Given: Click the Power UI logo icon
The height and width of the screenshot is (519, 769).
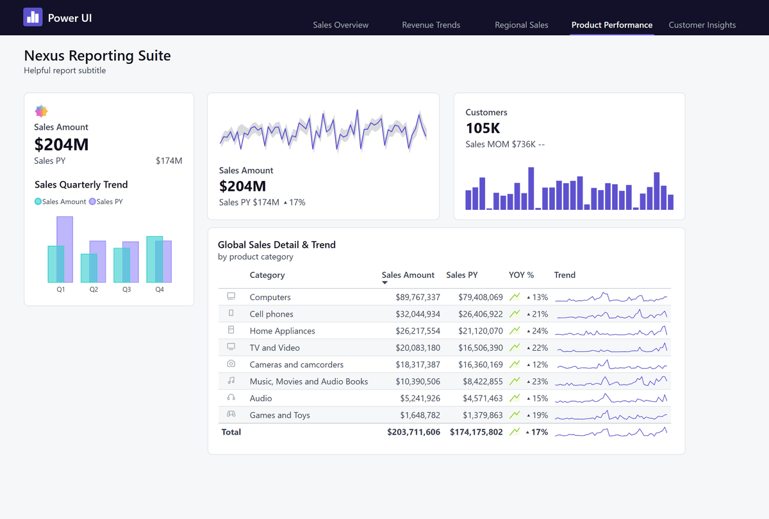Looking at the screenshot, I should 33,17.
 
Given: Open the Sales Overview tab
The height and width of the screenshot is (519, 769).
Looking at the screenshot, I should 340,25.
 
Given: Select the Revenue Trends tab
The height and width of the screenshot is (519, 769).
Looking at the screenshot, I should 431,25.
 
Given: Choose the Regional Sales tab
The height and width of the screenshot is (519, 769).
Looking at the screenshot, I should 521,25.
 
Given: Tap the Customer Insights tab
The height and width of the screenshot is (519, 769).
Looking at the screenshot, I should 702,25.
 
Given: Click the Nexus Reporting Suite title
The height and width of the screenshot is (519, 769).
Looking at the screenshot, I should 97,56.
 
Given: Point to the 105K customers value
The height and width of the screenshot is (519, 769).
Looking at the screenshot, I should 483,128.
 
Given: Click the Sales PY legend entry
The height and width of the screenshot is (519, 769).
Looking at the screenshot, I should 106,202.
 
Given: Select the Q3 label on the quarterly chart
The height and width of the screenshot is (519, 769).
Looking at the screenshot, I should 127,289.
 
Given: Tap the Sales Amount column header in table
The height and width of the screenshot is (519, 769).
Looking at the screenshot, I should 408,275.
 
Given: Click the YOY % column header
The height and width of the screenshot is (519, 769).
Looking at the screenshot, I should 521,275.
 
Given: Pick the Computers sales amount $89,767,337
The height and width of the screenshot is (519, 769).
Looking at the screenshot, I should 417,298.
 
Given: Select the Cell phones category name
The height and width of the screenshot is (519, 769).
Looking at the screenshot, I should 271,314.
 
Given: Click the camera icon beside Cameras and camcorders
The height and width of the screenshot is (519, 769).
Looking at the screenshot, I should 231,364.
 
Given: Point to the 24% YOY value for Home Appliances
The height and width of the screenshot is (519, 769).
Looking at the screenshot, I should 540,331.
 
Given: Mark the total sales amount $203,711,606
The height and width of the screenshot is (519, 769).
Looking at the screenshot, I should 413,433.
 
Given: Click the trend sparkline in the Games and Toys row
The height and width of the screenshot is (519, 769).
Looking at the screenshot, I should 611,415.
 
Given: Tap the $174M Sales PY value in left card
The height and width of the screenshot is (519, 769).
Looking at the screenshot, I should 169,161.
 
